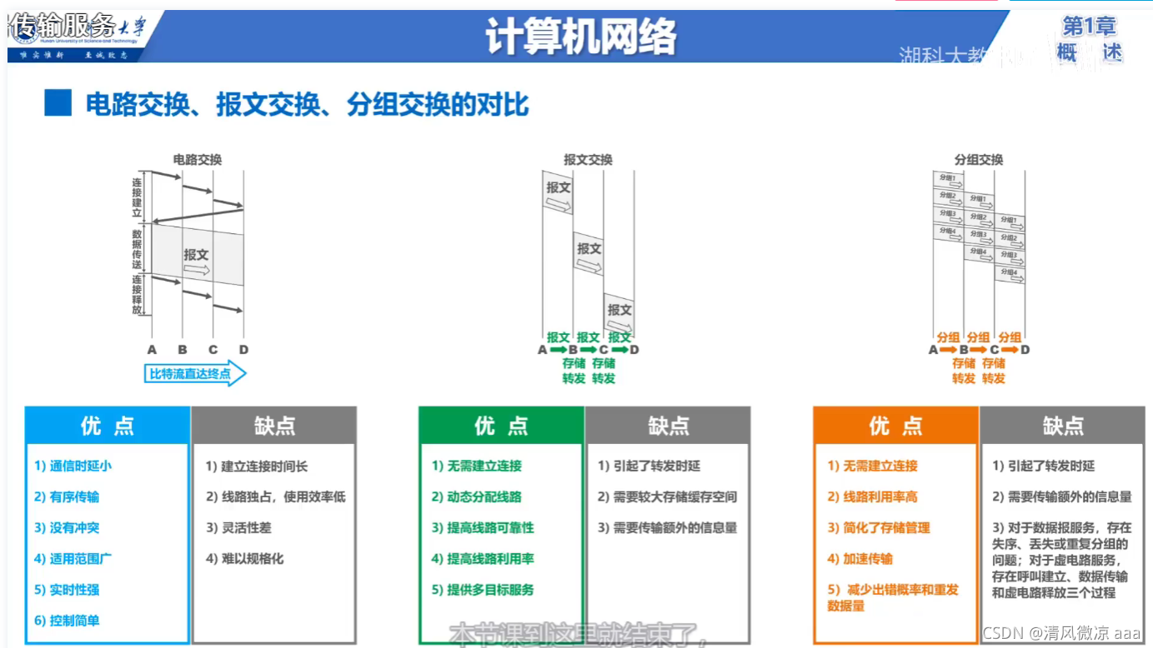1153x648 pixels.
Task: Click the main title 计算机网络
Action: [x=581, y=37]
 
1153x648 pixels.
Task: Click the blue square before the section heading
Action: [x=58, y=104]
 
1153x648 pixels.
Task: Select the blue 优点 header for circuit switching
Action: [x=108, y=426]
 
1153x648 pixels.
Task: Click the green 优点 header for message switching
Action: [x=501, y=426]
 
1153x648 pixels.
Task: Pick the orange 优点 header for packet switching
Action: [x=895, y=426]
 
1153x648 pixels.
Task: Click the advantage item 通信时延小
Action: [x=73, y=466]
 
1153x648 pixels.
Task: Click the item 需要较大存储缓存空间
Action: [x=667, y=497]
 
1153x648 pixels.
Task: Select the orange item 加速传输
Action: [x=860, y=559]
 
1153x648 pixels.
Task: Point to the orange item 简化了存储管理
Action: [x=879, y=528]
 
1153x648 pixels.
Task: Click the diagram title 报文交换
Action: [x=588, y=160]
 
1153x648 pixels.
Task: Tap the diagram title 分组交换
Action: [x=979, y=160]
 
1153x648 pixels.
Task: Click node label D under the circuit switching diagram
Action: [x=243, y=350]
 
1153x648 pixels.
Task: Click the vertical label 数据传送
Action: [x=137, y=248]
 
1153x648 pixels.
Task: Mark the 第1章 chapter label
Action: [x=1089, y=27]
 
